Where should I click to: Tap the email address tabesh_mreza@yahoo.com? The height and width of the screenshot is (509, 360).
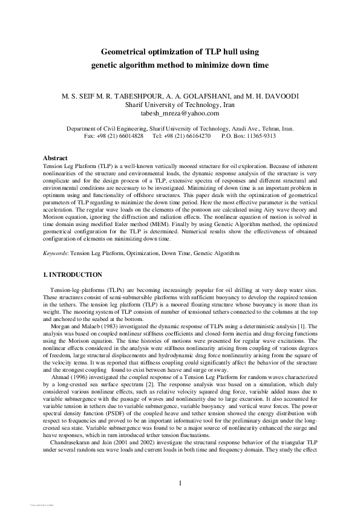click(180, 112)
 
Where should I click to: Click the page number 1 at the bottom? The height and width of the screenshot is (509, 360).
click(180, 482)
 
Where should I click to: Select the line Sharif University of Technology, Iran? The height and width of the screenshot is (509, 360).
click(180, 105)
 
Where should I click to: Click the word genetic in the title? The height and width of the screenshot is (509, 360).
click(109, 65)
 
